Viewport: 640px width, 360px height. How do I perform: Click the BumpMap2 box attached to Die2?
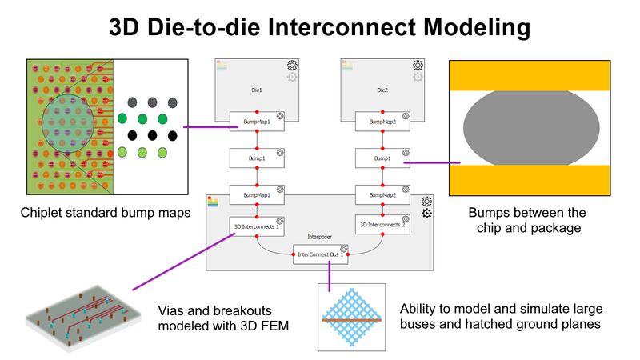(x=382, y=122)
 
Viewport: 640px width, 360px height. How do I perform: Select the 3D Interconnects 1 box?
(x=255, y=226)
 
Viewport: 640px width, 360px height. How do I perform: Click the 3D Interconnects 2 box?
(x=381, y=226)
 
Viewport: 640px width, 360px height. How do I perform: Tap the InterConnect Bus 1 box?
(x=318, y=257)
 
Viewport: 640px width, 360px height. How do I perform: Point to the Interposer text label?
(x=320, y=237)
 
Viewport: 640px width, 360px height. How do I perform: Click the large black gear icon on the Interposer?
(x=427, y=213)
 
